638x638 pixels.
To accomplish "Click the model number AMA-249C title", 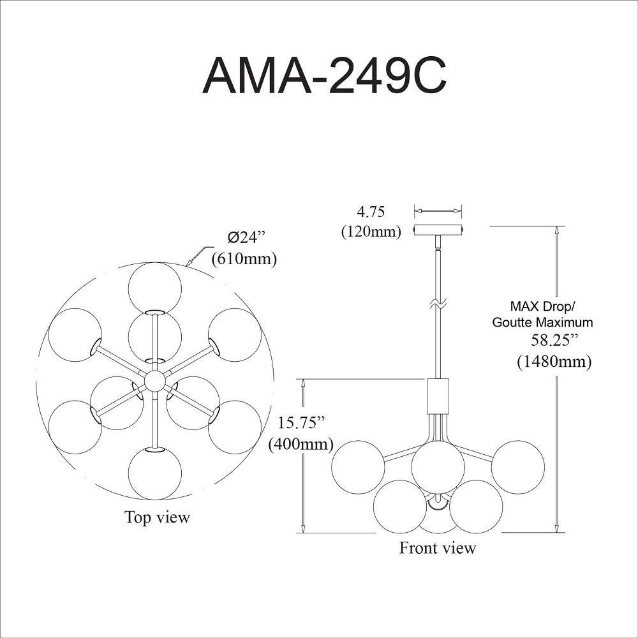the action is coord(324,76).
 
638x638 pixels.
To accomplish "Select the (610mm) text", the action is coord(244,258).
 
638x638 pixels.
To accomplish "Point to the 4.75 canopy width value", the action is coord(371,212).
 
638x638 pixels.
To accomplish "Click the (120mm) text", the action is coord(371,232).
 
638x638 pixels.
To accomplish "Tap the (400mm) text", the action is coord(300,443).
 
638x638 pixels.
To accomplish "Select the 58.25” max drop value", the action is coord(554,339).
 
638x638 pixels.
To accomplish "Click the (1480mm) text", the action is coord(554,361).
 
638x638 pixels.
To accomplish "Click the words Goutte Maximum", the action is coord(542,322).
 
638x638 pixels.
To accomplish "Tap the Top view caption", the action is coord(157,517).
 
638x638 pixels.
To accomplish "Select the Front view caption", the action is coord(438,547).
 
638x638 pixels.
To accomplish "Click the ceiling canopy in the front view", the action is coord(438,230).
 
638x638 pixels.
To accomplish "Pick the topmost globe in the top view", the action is coord(154,288).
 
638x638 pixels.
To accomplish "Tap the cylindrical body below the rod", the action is coord(438,396).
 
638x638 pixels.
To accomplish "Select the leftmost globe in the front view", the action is coord(358,467).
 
